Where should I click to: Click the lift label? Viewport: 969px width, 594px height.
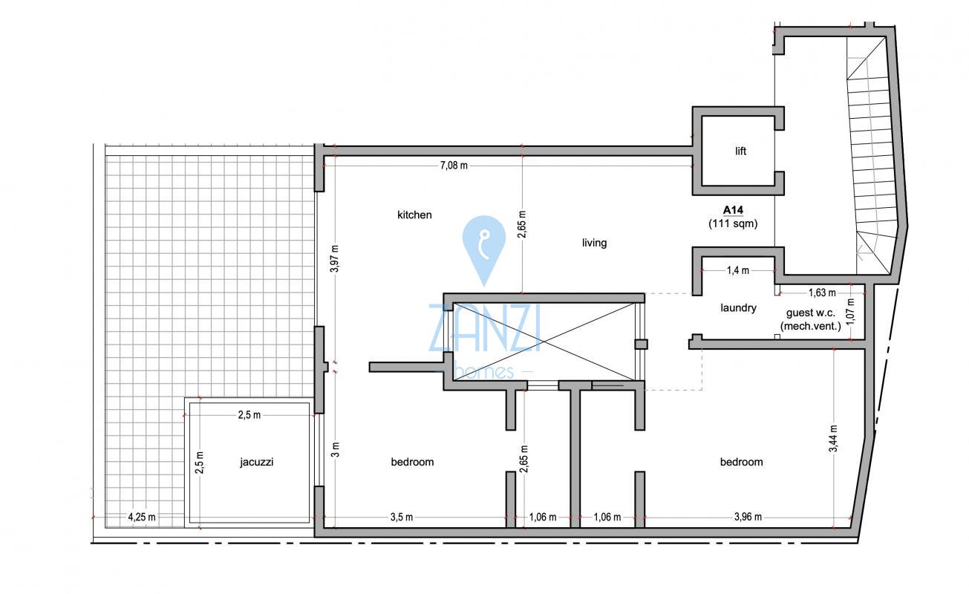click(740, 151)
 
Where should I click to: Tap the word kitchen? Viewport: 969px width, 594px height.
click(414, 215)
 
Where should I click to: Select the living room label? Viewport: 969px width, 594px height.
click(594, 243)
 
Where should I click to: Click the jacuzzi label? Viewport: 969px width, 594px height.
click(256, 462)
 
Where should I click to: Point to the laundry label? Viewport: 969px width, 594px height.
click(738, 307)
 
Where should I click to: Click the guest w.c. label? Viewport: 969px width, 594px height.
click(811, 313)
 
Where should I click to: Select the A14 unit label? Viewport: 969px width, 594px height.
click(733, 210)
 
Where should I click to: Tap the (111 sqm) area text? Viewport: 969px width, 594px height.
click(733, 223)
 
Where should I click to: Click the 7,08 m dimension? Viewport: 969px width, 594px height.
click(454, 166)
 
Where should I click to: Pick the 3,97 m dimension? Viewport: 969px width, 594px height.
click(334, 258)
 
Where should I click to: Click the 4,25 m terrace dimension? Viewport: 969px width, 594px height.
click(142, 517)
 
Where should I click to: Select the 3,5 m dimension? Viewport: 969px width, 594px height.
click(402, 517)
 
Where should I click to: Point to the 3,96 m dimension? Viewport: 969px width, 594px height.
click(748, 517)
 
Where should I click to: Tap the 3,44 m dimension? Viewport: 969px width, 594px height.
click(833, 439)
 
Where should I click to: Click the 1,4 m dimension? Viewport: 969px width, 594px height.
click(738, 270)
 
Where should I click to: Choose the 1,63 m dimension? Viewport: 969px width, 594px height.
click(822, 293)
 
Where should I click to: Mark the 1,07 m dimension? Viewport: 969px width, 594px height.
click(850, 312)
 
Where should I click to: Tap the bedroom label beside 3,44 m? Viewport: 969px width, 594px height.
click(742, 462)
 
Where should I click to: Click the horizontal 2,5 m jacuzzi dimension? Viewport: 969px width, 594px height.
click(249, 415)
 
